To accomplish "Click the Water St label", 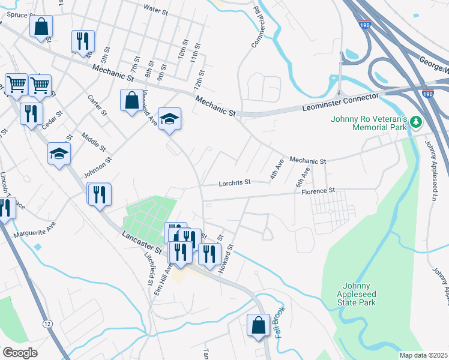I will click(x=157, y=8).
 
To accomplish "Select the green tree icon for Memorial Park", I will click(x=416, y=123).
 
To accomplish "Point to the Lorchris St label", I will click(x=234, y=182).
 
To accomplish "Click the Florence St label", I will click(x=318, y=191).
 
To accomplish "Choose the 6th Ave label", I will click(x=303, y=176).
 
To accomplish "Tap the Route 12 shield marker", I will click(x=47, y=323).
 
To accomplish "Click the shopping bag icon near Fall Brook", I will click(x=258, y=325).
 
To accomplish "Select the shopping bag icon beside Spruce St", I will click(x=41, y=26).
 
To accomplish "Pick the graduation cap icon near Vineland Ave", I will click(x=169, y=118).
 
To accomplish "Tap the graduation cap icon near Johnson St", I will click(x=59, y=153).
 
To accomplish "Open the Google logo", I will click(x=20, y=353).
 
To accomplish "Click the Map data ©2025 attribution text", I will click(x=424, y=355).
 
